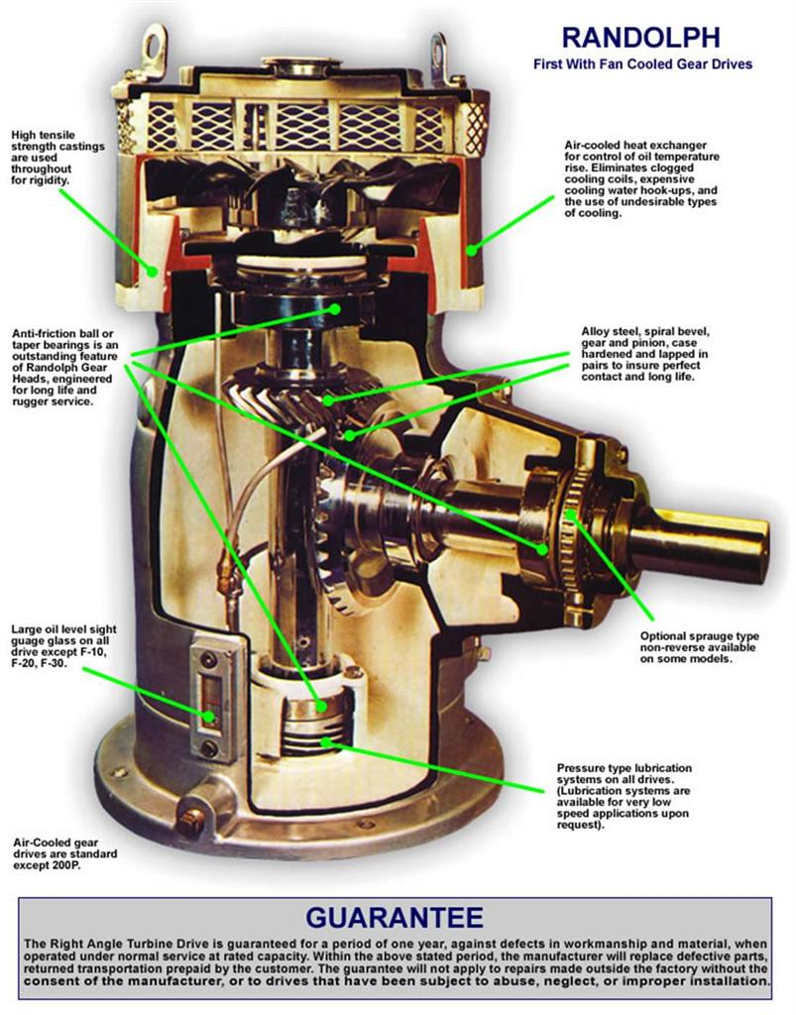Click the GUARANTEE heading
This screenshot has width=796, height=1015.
click(x=395, y=914)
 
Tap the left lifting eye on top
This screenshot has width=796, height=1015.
click(x=152, y=43)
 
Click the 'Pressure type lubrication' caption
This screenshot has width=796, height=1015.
click(x=625, y=768)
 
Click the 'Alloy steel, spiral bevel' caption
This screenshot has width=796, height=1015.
click(x=645, y=331)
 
